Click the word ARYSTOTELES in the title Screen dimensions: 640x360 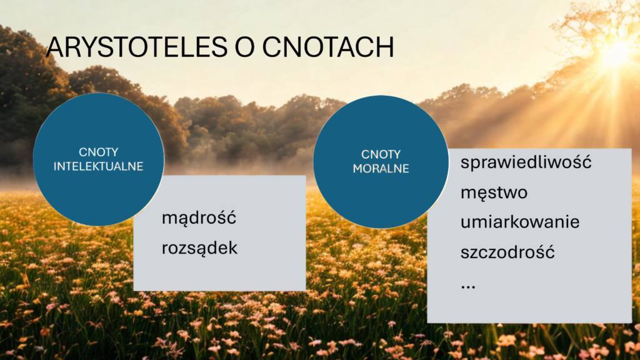pos(137,47)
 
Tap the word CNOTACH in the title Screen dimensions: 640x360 pos(328,47)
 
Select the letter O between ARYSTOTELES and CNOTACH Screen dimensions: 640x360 pos(245,47)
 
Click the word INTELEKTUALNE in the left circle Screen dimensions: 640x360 pos(98,166)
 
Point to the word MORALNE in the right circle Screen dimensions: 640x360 pos(381,169)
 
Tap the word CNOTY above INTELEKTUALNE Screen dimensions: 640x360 pos(98,152)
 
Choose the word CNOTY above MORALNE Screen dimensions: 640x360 pos(381,154)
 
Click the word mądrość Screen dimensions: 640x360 pos(199,218)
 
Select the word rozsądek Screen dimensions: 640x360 pos(199,247)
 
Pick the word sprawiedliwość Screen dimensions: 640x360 pos(526,162)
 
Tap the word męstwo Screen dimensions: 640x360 pos(494,192)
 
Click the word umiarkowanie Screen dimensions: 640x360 pos(520,222)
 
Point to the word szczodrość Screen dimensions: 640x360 pos(507,252)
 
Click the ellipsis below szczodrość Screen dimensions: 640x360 pos(467,287)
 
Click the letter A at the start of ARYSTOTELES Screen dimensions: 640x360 pos(55,47)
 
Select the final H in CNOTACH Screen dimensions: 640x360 pos(386,47)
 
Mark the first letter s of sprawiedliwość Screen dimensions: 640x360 pos(465,164)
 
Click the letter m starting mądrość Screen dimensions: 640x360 pos(169,219)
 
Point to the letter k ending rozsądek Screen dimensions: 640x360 pos(233,247)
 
